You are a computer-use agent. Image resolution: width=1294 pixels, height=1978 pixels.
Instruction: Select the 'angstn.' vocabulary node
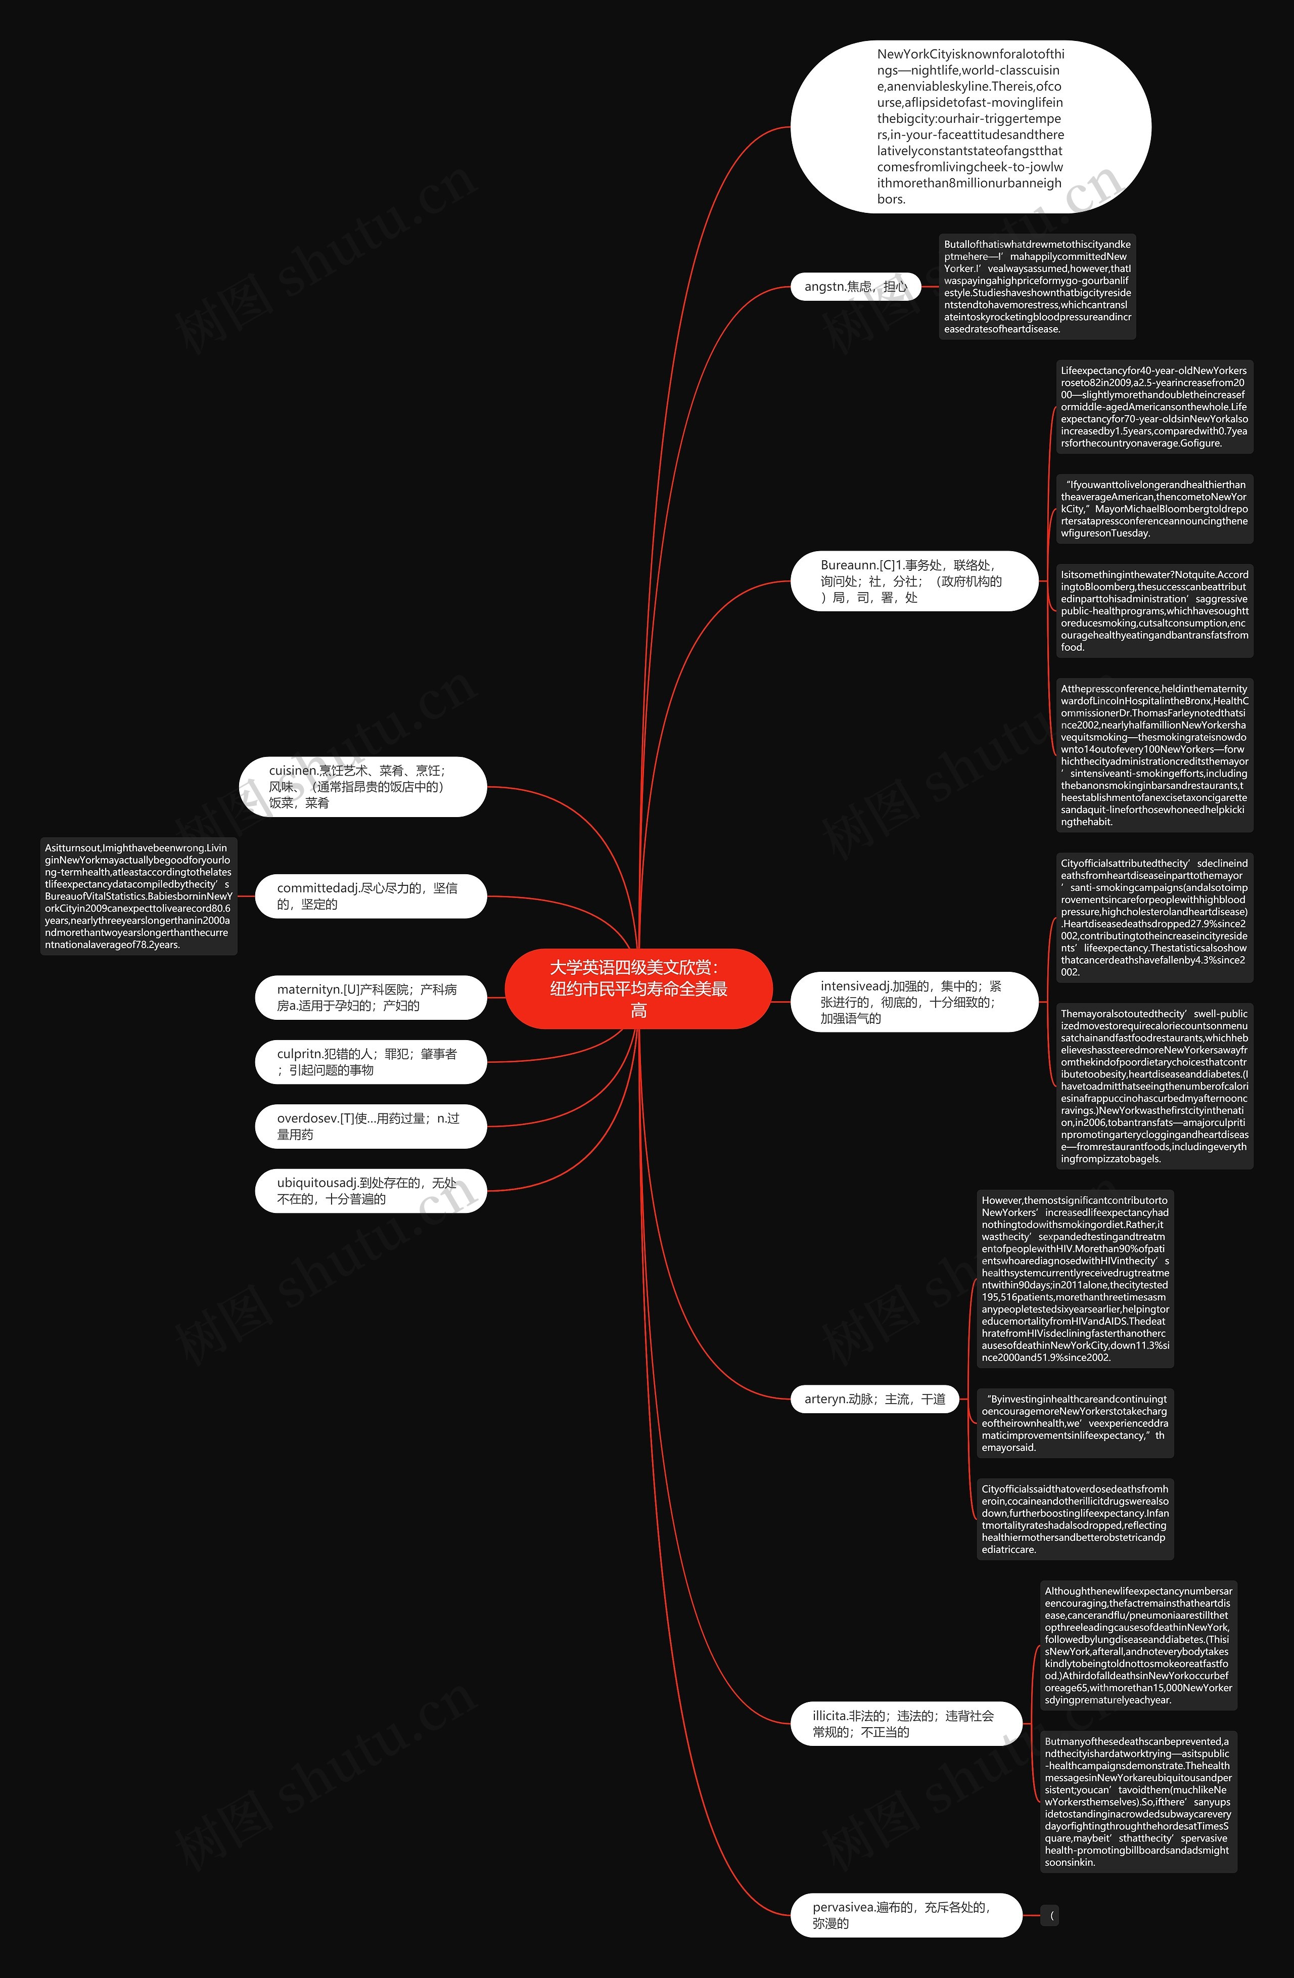855,287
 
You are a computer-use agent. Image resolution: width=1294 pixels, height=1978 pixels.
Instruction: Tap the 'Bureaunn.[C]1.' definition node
913,581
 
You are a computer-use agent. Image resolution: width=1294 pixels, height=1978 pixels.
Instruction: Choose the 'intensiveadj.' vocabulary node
913,1002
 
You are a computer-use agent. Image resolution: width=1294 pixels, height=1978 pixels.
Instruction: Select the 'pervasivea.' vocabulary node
905,1915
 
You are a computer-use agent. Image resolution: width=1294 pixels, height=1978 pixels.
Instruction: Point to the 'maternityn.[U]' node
370,997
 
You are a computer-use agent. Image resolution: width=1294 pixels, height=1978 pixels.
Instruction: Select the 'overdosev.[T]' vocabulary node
370,1126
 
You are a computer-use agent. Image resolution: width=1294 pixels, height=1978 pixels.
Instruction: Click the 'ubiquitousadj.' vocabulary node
370,1190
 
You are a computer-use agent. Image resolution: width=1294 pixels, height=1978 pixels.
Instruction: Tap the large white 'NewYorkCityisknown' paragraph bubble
970,126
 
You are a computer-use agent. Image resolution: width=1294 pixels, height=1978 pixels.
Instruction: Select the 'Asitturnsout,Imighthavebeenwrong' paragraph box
139,896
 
